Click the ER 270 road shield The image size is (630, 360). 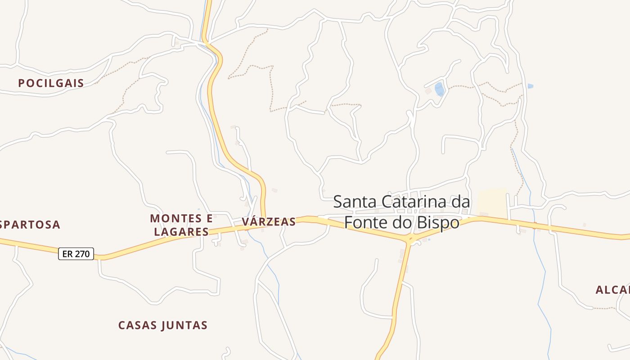click(76, 254)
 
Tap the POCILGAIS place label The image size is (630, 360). click(51, 83)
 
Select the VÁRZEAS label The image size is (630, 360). click(269, 222)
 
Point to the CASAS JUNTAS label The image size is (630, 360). click(163, 325)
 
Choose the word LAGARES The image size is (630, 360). click(181, 232)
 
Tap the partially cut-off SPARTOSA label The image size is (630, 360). click(30, 225)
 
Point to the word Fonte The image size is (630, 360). click(364, 222)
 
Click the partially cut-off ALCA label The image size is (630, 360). click(612, 290)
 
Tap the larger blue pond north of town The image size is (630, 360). click(440, 89)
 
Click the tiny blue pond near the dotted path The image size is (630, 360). click(531, 86)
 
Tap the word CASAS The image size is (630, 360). click(135, 325)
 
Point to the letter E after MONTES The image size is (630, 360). click(208, 219)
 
